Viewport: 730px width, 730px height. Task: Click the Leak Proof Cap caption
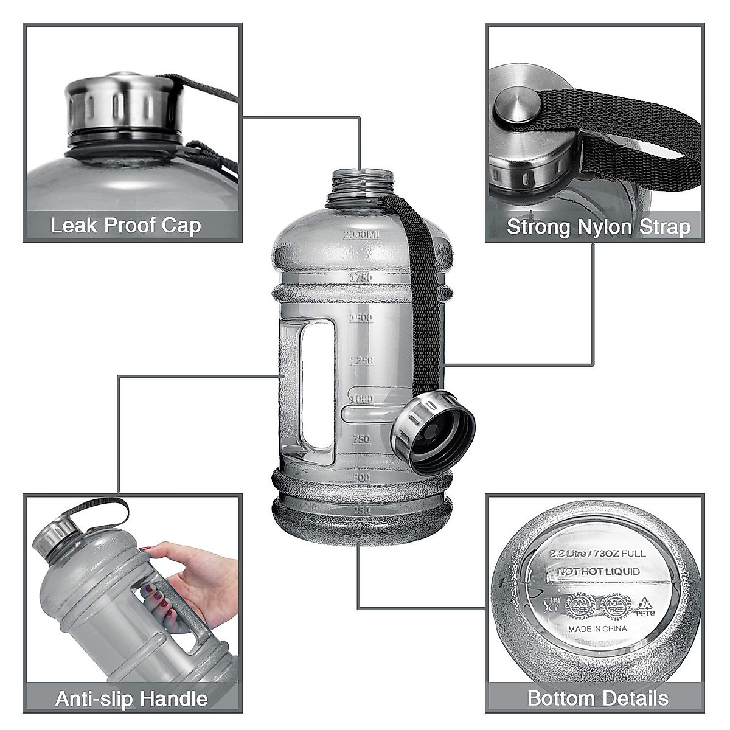(125, 226)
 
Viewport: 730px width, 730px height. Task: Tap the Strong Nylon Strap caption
(599, 227)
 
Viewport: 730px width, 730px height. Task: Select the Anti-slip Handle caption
(131, 698)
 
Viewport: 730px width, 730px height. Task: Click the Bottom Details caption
(597, 698)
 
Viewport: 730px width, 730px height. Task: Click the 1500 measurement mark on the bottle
(361, 318)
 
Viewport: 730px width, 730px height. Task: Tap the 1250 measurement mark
(361, 361)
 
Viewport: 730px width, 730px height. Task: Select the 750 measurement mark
(361, 439)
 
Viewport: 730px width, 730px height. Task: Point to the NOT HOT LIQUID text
(599, 572)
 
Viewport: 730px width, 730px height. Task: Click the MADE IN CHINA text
(597, 628)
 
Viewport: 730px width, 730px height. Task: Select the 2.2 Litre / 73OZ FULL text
(598, 554)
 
